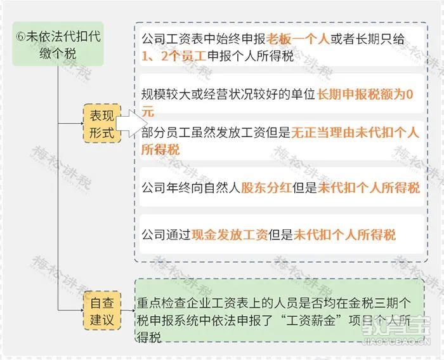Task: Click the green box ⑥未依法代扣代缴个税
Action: (58, 44)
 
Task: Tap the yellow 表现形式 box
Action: (102, 124)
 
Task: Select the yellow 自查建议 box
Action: (102, 310)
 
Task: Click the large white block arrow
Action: (132, 124)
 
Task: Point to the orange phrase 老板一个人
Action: (297, 39)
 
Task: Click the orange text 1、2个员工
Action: (174, 57)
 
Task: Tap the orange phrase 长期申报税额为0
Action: (365, 95)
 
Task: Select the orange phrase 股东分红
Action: (266, 188)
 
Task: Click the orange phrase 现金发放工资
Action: (230, 235)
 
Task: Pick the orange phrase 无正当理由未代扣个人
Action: (355, 132)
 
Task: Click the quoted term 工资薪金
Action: (311, 320)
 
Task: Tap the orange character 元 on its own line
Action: (148, 111)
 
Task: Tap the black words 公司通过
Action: (166, 235)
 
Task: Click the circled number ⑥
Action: (20, 37)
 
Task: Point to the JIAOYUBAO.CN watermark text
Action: (396, 342)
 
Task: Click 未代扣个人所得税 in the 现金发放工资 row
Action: (344, 235)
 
